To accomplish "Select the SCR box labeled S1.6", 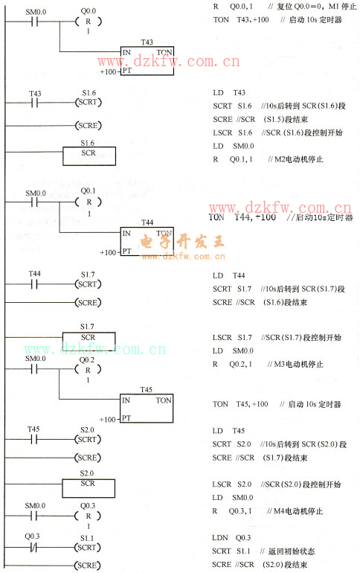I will (x=88, y=155).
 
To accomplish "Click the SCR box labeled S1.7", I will (x=88, y=337).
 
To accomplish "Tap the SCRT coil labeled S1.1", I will (x=88, y=545).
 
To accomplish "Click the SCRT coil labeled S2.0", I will (x=88, y=439).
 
